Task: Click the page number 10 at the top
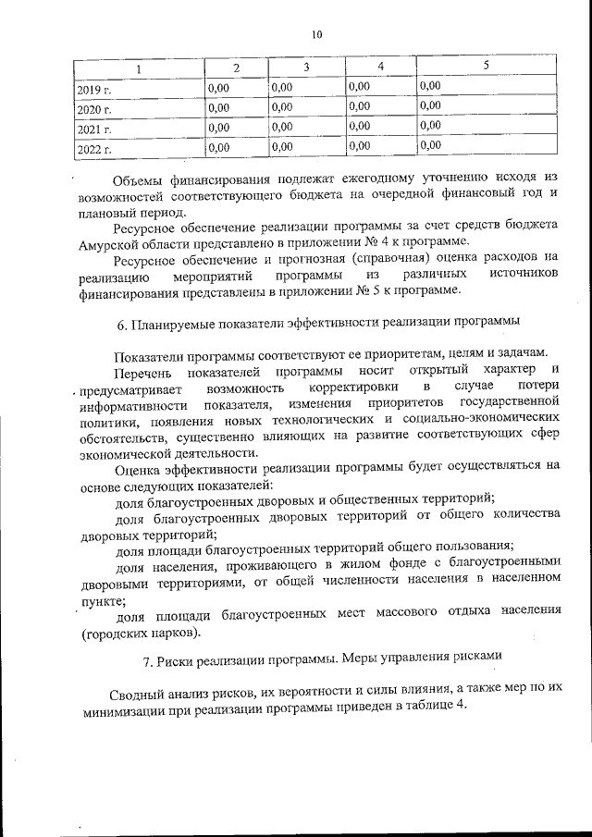click(317, 34)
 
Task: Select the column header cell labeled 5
click(487, 65)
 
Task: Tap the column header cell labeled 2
click(236, 68)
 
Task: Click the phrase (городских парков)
click(140, 634)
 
